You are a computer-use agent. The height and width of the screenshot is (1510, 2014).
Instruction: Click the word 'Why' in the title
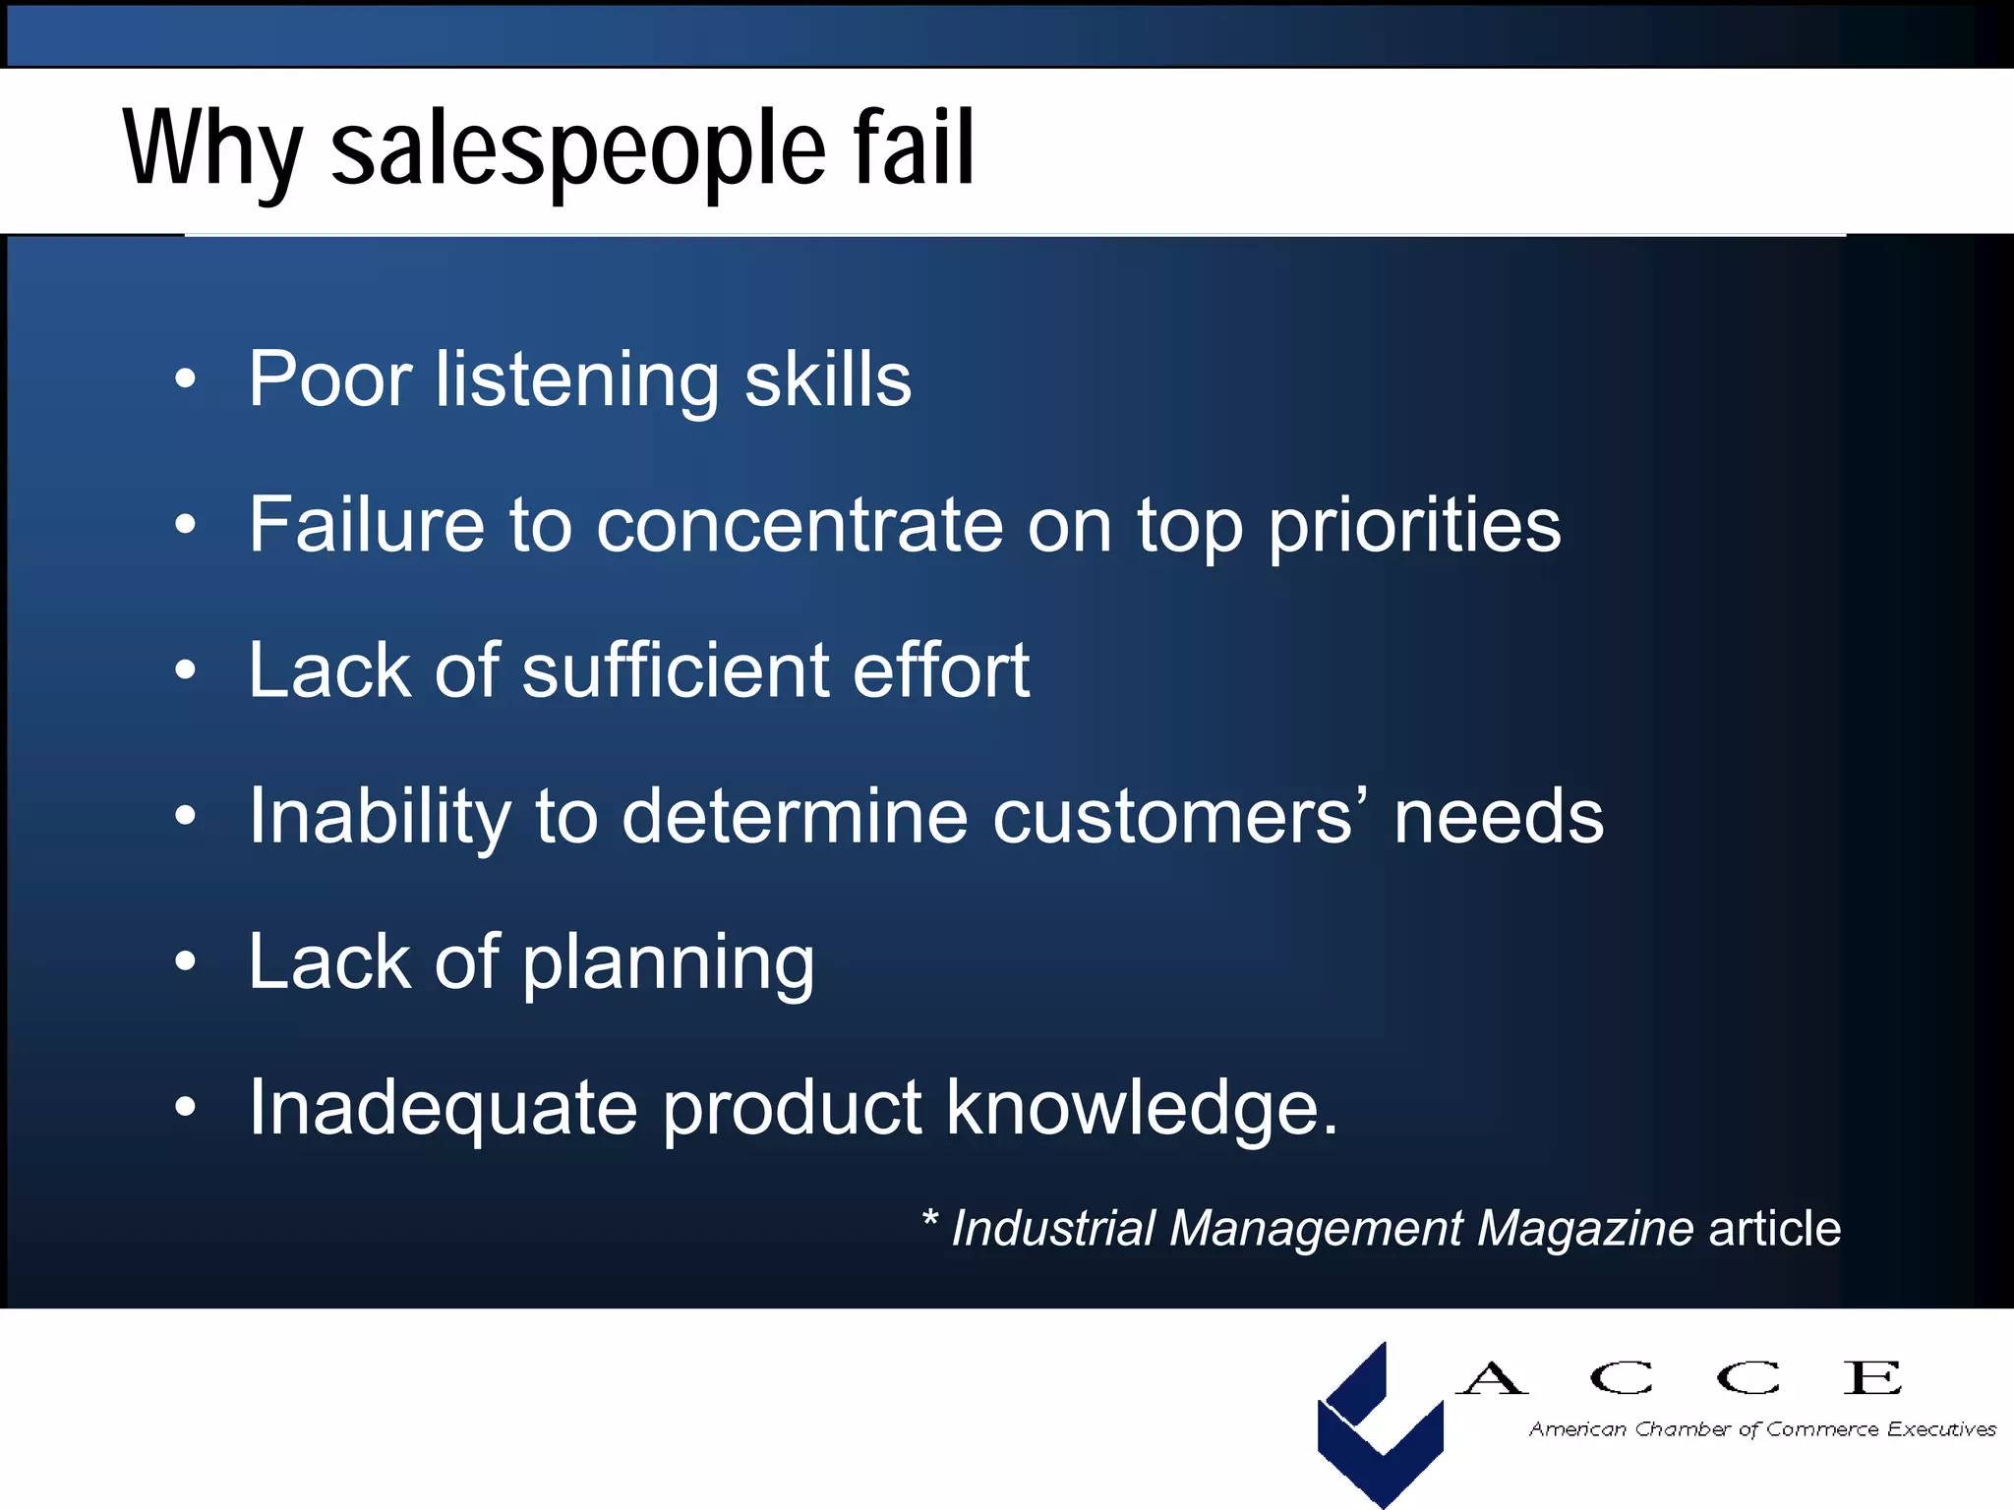[x=211, y=149]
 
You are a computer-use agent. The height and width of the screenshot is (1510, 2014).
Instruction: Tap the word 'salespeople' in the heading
[x=579, y=149]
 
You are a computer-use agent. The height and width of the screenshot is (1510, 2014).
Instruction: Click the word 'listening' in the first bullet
[x=577, y=380]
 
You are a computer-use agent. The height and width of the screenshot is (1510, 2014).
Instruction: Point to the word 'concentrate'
[x=800, y=525]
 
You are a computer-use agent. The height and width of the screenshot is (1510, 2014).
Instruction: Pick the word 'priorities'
[x=1414, y=527]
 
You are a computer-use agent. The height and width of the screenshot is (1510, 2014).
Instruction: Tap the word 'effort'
[x=941, y=670]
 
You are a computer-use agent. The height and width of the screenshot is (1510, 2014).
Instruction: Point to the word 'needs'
[x=1499, y=816]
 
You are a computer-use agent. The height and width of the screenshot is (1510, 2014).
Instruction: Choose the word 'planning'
[x=669, y=963]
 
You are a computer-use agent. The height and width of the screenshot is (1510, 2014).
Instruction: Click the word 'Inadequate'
[x=443, y=1108]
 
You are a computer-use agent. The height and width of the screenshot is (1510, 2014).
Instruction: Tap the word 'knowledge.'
[x=1142, y=1108]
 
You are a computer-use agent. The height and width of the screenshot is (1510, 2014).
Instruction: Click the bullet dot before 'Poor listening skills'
[x=185, y=379]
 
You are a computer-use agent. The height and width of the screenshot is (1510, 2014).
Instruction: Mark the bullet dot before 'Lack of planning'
[x=185, y=961]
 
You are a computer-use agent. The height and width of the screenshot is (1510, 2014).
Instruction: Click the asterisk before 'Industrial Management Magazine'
[x=929, y=1221]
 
